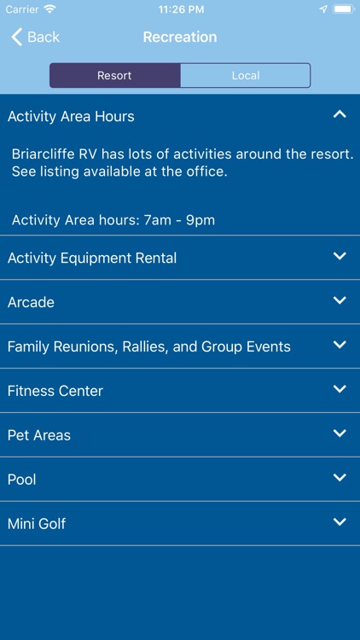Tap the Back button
click(x=35, y=37)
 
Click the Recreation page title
click(x=180, y=37)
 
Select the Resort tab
click(x=114, y=75)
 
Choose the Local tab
click(x=245, y=75)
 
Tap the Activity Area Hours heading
click(x=71, y=116)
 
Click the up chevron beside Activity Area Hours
click(x=340, y=114)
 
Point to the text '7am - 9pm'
click(x=179, y=220)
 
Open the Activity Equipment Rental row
click(x=92, y=258)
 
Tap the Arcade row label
click(x=31, y=302)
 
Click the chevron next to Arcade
click(x=340, y=300)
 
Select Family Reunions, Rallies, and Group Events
click(x=149, y=346)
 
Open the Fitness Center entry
click(x=55, y=391)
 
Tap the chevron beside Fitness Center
click(x=340, y=389)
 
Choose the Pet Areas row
click(x=39, y=435)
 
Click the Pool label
click(x=22, y=480)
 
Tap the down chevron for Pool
click(x=340, y=478)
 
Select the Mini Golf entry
click(x=37, y=524)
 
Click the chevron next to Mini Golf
click(x=340, y=522)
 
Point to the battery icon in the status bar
click(x=343, y=9)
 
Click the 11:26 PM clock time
click(x=180, y=9)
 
